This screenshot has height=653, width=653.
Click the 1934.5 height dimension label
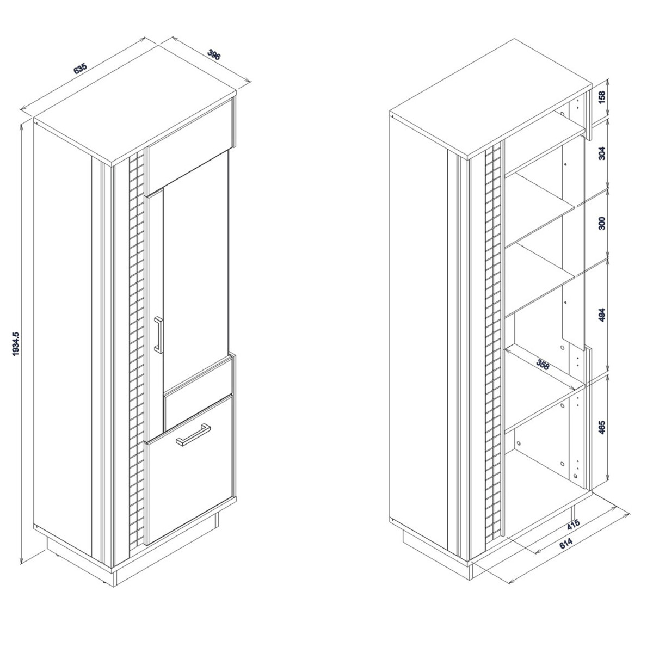click(x=16, y=344)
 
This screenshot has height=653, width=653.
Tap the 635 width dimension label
click(x=81, y=69)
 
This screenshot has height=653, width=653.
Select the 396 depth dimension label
click(x=214, y=54)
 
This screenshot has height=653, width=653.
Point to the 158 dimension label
click(x=602, y=97)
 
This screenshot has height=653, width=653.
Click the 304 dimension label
click(x=602, y=153)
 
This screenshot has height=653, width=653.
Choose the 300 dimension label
click(x=602, y=223)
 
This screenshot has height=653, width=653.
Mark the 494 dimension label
click(x=602, y=315)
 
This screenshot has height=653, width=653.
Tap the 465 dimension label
click(x=602, y=428)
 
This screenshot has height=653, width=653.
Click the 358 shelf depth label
click(x=543, y=365)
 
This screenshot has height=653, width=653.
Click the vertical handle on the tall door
click(x=158, y=334)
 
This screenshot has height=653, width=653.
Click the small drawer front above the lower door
click(x=198, y=393)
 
